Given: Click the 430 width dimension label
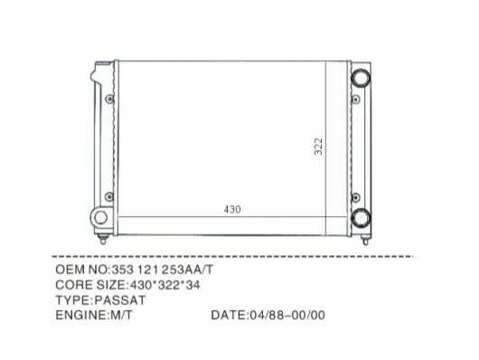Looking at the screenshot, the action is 232,209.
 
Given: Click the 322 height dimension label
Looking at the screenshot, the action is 318,147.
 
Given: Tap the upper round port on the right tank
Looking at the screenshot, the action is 361,78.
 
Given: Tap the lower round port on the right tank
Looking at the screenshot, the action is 361,217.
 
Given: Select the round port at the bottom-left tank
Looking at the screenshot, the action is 100,217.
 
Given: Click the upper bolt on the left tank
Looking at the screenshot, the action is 109,99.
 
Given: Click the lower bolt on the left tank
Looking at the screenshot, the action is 109,196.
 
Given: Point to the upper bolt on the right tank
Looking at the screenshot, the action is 355,99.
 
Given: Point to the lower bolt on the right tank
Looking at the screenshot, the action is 355,197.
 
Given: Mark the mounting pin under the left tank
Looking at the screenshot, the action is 103,239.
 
